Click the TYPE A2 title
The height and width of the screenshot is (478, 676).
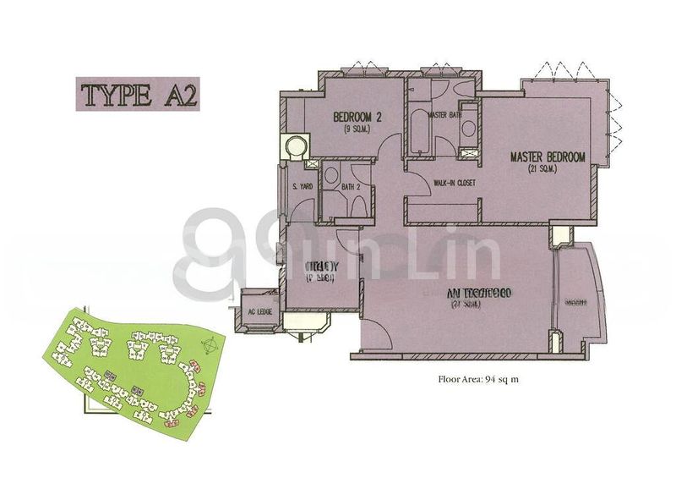[x=139, y=93]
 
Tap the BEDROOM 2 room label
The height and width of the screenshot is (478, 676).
[x=356, y=118]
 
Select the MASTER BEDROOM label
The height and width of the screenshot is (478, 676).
[x=547, y=157]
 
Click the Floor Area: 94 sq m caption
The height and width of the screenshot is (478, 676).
[x=478, y=380]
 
